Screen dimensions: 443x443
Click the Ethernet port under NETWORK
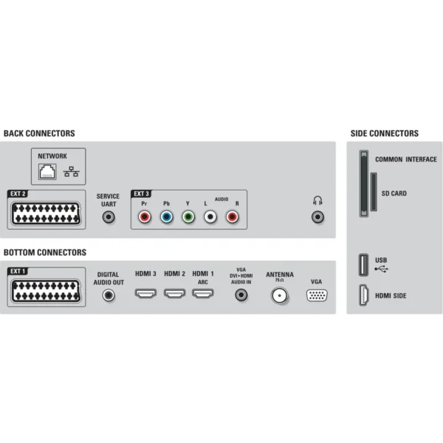[x=47, y=171]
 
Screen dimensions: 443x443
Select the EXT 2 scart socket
[x=46, y=213]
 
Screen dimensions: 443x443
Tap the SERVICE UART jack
[x=109, y=217]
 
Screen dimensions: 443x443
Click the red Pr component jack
[x=145, y=217]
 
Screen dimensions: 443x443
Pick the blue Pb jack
[x=166, y=217]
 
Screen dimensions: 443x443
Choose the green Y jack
[x=188, y=217]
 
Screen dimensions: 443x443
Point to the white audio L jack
[x=210, y=217]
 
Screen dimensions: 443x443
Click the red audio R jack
[x=233, y=217]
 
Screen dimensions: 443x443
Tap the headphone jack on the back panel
[x=317, y=217]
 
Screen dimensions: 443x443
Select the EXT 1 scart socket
[x=46, y=291]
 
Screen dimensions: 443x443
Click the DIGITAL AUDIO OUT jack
[x=109, y=295]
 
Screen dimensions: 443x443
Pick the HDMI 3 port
[x=145, y=294]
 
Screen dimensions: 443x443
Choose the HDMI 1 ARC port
[x=203, y=294]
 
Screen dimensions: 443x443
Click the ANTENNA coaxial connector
[x=279, y=295]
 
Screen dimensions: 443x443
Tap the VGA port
[x=317, y=295]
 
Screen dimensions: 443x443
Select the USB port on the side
[x=363, y=265]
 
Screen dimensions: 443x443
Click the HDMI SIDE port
[x=363, y=295]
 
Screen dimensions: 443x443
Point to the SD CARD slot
[x=374, y=192]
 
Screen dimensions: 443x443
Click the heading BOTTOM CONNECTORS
[x=45, y=253]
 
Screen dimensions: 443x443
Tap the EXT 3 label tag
[x=141, y=193]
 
